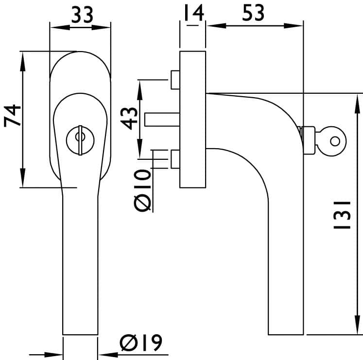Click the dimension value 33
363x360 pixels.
pyautogui.click(x=82, y=15)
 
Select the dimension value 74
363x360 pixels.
pyautogui.click(x=12, y=116)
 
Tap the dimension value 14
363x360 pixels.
pyautogui.click(x=194, y=13)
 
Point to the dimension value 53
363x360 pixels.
pyautogui.click(x=253, y=13)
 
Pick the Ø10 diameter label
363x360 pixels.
pyautogui.click(x=142, y=190)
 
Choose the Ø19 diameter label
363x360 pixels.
pyautogui.click(x=141, y=343)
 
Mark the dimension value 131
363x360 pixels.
pyautogui.click(x=342, y=215)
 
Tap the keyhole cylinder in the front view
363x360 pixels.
pyautogui.click(x=80, y=140)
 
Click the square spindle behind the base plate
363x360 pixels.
pyautogui.click(x=162, y=120)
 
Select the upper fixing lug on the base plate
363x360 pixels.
pyautogui.click(x=175, y=80)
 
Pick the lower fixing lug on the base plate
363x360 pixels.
pyautogui.click(x=175, y=159)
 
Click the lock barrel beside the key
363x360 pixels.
pyautogui.click(x=309, y=140)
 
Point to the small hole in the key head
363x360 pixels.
pyautogui.click(x=335, y=141)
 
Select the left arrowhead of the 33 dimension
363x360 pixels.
pyautogui.click(x=60, y=28)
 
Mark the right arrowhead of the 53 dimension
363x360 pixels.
pyautogui.click(x=294, y=26)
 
